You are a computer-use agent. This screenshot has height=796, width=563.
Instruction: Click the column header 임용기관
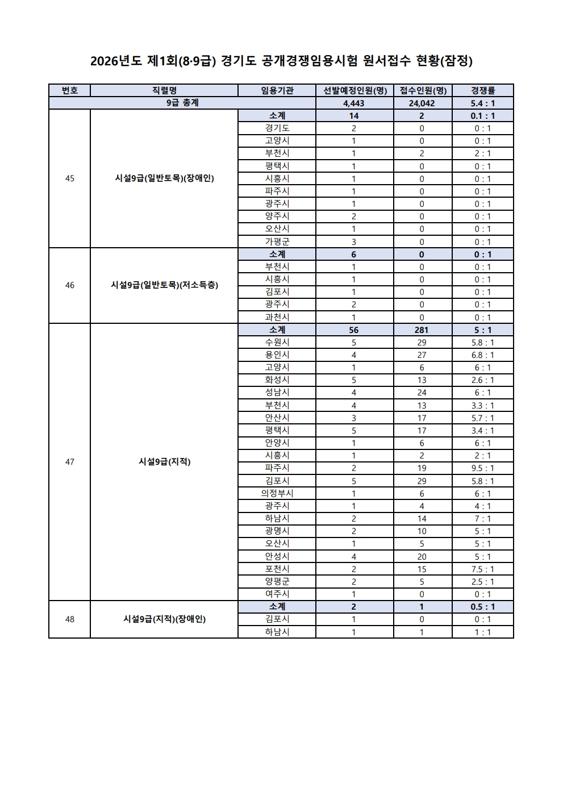[x=277, y=90]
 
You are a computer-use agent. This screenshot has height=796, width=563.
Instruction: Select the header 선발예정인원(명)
[x=355, y=90]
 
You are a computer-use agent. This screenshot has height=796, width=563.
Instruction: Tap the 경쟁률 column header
[x=483, y=90]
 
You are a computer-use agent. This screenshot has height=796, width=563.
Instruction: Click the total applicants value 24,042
[x=422, y=103]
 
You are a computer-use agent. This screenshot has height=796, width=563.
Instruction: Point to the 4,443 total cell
[x=354, y=103]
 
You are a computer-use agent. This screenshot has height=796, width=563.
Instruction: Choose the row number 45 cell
[x=69, y=178]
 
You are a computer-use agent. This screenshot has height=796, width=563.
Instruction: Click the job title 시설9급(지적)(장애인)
[x=164, y=619]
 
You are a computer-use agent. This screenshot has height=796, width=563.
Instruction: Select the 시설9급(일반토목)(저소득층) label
[x=164, y=285]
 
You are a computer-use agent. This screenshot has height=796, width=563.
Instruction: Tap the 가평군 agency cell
[x=277, y=241]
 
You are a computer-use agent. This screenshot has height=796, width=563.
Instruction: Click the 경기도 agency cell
[x=277, y=128]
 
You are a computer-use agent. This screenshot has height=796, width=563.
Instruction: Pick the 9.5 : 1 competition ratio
[x=483, y=468]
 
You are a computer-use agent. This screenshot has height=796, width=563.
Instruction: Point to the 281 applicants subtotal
[x=422, y=330]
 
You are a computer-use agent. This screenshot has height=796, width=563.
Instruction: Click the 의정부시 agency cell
[x=277, y=494]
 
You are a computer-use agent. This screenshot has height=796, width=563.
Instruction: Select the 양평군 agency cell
[x=277, y=582]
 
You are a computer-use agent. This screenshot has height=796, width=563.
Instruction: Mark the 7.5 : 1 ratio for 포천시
[x=483, y=569]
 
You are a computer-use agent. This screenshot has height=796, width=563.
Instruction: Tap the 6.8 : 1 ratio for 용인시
[x=483, y=355]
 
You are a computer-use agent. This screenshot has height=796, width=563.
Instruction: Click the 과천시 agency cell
[x=277, y=318]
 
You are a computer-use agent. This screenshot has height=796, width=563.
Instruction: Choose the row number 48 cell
[x=69, y=619]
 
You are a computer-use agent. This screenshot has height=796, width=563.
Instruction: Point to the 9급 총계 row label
[x=182, y=103]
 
